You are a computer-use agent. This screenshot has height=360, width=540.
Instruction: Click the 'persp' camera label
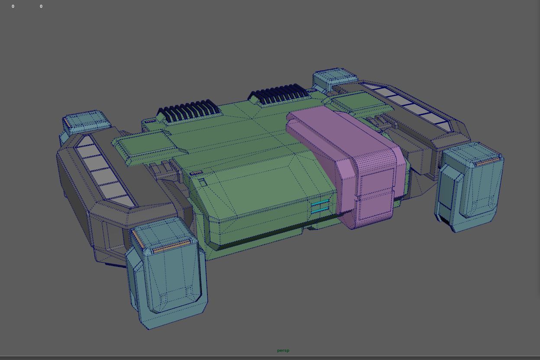(283, 350)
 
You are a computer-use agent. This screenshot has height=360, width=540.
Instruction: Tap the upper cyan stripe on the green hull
(320, 203)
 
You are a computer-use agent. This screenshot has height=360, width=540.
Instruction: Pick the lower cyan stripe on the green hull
(320, 210)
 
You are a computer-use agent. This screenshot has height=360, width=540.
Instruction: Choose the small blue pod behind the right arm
(334, 78)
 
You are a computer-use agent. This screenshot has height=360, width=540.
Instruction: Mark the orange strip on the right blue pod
(488, 161)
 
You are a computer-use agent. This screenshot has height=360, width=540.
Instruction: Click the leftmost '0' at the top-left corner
(13, 6)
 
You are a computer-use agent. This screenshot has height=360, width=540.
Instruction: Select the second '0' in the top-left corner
(41, 6)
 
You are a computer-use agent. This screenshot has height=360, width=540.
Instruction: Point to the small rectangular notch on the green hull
(202, 182)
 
